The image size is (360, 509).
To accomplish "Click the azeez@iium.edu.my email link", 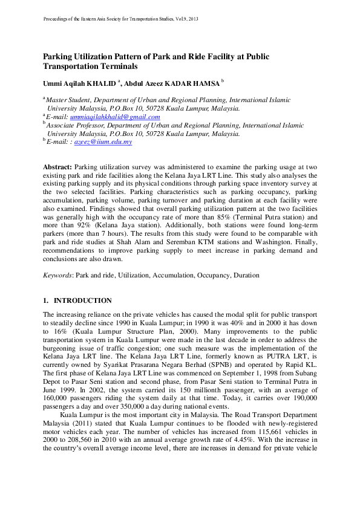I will tap(107, 141).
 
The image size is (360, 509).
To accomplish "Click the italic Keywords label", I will tap(57, 275).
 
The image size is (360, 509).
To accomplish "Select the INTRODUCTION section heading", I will tap(83, 300).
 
